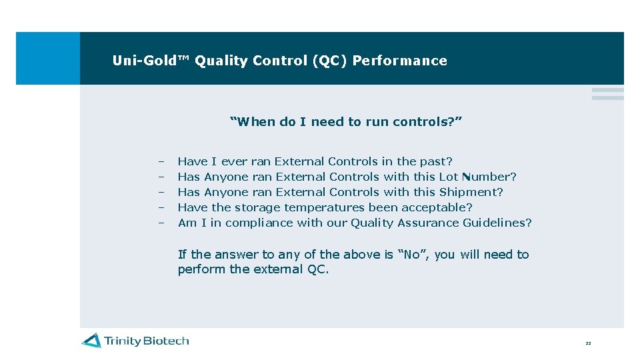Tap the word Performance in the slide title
pos(399,61)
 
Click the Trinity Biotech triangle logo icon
pos(91,341)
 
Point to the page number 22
pos(588,343)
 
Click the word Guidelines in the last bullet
pos(497,223)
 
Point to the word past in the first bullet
pos(435,161)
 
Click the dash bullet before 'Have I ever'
pos(161,161)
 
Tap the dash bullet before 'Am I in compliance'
pos(161,223)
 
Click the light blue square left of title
pos(47,58)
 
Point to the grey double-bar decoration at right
pos(607,94)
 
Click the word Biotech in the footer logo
pos(167,341)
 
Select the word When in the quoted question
pos(253,121)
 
